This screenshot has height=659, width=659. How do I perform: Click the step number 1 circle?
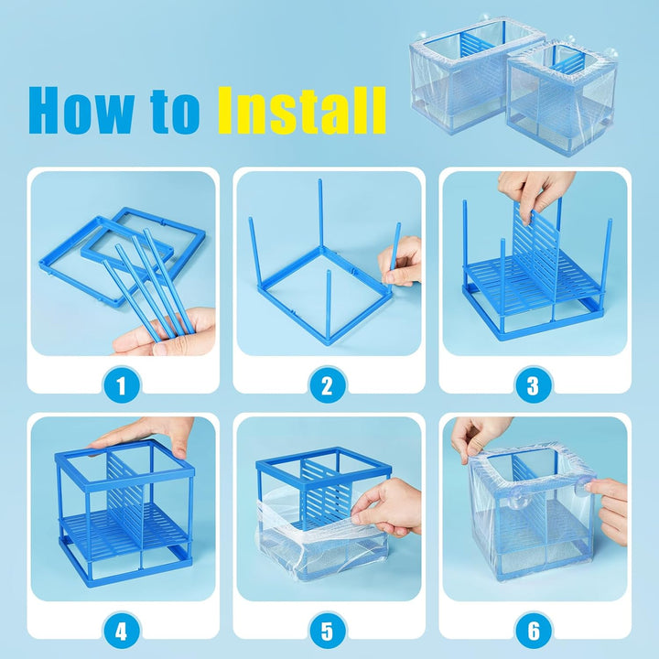(123, 386)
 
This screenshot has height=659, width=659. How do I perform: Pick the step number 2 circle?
(328, 386)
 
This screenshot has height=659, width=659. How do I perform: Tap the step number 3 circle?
(533, 386)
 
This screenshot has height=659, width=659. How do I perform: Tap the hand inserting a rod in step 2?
(403, 261)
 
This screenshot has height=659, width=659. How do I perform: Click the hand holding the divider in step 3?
(535, 192)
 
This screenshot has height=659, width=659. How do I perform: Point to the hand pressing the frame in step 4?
(146, 435)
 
